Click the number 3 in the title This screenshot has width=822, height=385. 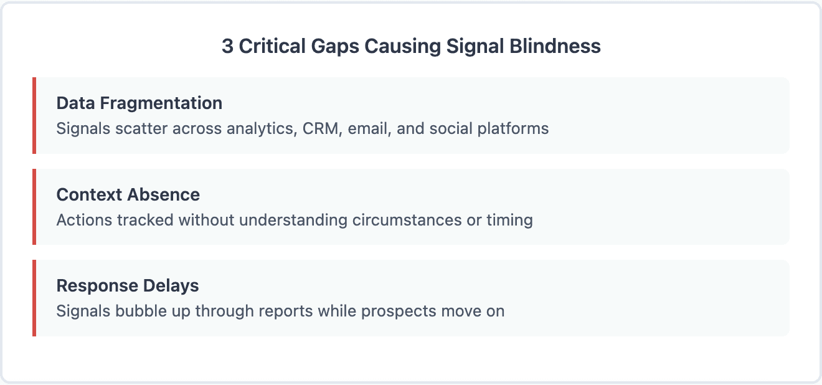pos(228,47)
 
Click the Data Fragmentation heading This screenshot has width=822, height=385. pos(139,103)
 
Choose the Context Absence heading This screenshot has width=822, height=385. pos(128,194)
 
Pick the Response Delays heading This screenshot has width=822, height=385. pos(128,286)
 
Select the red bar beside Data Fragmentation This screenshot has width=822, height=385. pos(34,115)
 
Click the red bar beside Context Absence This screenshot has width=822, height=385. pos(34,207)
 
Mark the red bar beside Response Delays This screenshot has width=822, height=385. pos(34,298)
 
